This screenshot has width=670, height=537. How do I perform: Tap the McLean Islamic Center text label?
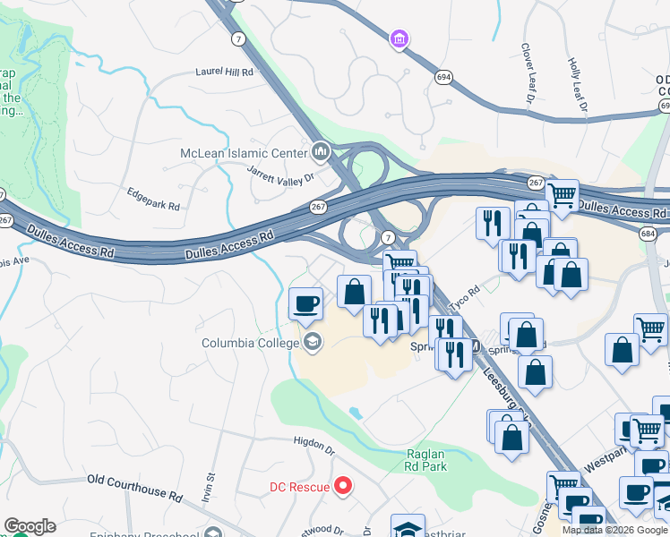tap(244, 153)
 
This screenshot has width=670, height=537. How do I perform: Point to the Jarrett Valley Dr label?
tap(283, 178)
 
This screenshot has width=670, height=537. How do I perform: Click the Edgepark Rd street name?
tap(153, 199)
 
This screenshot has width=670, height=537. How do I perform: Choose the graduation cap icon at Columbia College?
tap(313, 342)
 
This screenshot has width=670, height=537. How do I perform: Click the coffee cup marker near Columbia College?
tap(306, 303)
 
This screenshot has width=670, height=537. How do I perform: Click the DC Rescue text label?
tap(299, 488)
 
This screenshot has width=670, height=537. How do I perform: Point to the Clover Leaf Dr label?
tap(527, 67)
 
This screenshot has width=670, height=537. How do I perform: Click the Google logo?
tap(30, 525)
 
